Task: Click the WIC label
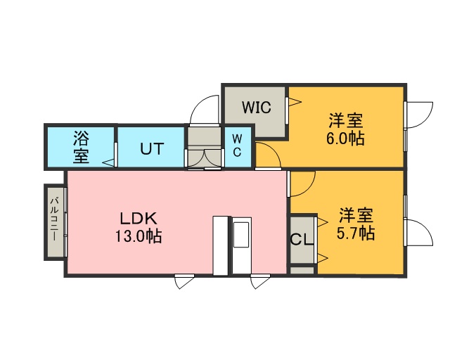256,108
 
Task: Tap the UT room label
152,149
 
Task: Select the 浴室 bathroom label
82,147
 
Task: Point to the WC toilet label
237,146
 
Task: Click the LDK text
139,219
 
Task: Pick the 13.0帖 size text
139,236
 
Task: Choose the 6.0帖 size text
345,139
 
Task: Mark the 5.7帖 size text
356,233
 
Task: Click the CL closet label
302,240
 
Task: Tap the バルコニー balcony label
54,219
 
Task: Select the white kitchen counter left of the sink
220,245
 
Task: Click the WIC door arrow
295,102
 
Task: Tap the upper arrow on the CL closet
323,222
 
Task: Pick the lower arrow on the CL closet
323,258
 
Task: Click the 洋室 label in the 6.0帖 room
346,120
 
